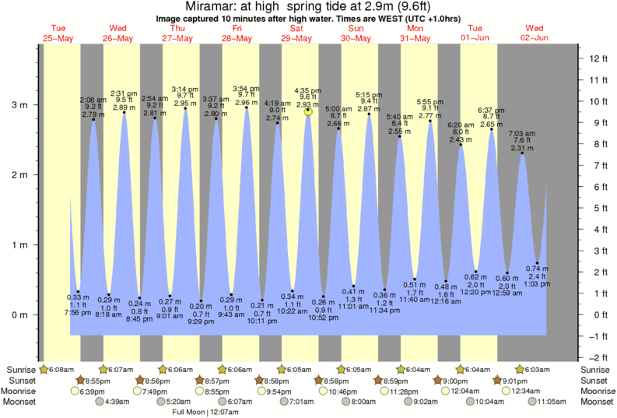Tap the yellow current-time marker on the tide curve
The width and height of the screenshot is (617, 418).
click(308, 111)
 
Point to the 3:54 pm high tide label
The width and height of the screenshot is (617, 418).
click(247, 89)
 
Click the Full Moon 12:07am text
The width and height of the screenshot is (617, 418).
click(205, 412)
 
